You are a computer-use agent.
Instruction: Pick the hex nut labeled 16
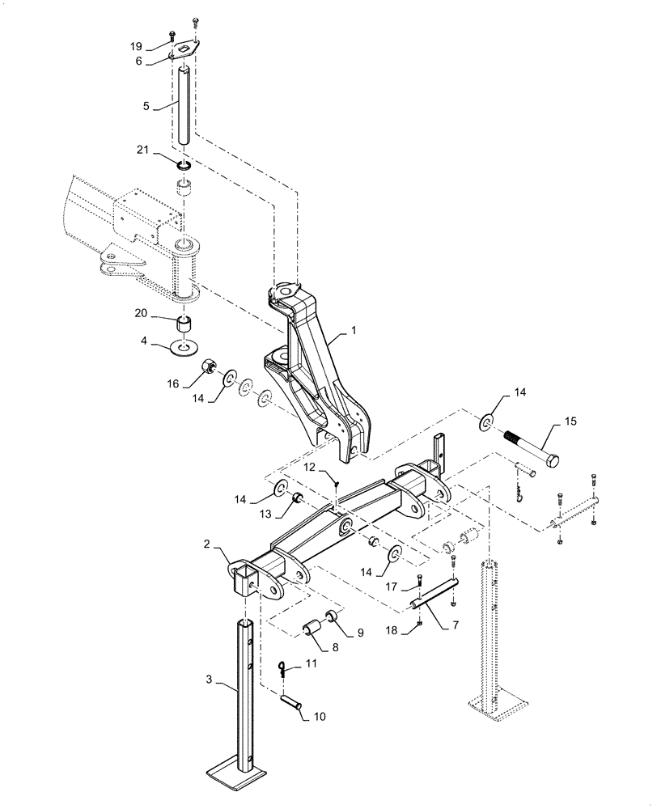pyautogui.click(x=209, y=370)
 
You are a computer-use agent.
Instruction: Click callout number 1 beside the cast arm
pyautogui.click(x=353, y=331)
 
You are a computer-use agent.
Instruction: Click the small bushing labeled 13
pyautogui.click(x=296, y=497)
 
